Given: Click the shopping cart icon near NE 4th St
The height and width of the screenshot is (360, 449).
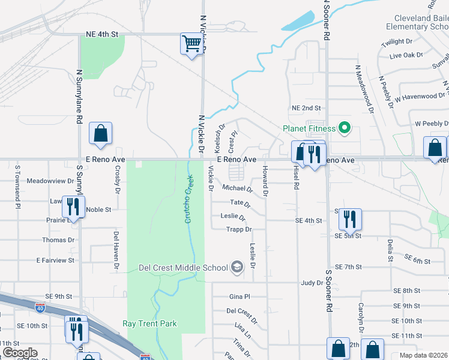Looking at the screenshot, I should (x=191, y=44).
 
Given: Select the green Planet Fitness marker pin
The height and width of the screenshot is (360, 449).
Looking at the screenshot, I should (x=345, y=128).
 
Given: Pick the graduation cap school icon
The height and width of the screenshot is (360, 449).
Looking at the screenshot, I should (x=238, y=268).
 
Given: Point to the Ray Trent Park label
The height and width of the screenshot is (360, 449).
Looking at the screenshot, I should (x=150, y=323).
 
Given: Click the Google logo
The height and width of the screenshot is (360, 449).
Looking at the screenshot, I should (x=20, y=352).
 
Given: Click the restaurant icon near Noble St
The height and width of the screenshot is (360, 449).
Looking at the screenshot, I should (x=72, y=206).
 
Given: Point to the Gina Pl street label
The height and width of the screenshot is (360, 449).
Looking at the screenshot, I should (x=240, y=296).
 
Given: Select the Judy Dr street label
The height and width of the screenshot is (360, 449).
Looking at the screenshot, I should (x=312, y=283).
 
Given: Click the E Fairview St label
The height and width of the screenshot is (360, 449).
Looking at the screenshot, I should (x=55, y=260).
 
